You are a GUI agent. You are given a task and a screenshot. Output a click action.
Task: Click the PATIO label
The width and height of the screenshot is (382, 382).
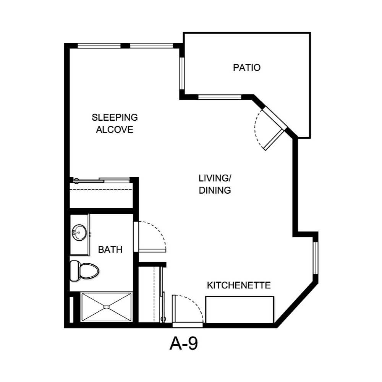247,68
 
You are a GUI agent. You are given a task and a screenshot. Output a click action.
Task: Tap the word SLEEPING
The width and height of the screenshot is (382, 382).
115,117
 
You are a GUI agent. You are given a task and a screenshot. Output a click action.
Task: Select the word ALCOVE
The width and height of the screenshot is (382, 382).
115,129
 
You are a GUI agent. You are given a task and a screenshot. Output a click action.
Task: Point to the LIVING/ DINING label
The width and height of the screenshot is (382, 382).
215,184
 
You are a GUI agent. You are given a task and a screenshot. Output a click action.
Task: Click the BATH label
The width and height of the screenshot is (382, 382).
110,250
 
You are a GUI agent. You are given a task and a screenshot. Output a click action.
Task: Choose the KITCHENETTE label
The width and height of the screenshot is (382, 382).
239,285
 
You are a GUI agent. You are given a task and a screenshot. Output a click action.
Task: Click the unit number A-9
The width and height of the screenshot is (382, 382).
183,344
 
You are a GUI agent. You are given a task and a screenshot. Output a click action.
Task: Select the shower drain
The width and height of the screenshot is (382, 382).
107,307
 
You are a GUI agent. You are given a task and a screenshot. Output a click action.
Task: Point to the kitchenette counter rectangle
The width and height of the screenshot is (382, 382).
240,309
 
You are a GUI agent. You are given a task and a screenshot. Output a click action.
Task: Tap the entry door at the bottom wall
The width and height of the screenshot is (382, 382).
188,325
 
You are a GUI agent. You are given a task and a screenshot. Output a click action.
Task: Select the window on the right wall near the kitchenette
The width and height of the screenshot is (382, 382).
316,258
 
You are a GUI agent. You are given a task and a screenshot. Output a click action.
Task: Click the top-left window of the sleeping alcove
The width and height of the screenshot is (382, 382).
99,46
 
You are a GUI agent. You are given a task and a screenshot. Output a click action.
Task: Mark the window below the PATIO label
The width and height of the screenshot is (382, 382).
220,97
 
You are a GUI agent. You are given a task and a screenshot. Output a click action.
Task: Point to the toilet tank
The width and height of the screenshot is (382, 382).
74,270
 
